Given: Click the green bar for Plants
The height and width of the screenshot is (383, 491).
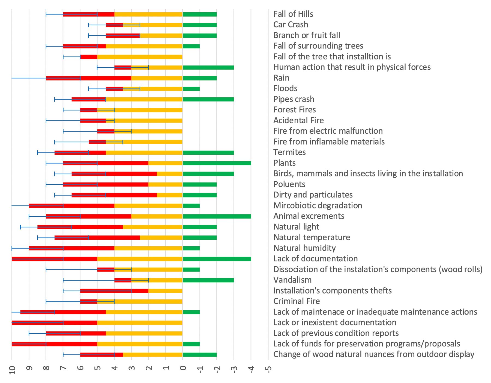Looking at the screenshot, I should pyautogui.click(x=217, y=163).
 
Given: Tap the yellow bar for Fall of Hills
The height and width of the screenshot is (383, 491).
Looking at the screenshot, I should pyautogui.click(x=148, y=14).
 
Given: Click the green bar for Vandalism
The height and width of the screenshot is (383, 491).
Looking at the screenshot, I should pyautogui.click(x=208, y=280).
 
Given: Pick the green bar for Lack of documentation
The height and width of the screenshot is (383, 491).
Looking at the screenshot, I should pyautogui.click(x=217, y=259).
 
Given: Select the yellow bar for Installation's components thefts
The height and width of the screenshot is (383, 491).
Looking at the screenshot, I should pyautogui.click(x=166, y=291).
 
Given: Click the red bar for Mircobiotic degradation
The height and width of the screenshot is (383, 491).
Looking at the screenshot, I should pyautogui.click(x=72, y=206).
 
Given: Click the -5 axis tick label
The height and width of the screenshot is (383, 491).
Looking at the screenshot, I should pyautogui.click(x=268, y=369).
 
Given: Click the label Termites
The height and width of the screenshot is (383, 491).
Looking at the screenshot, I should pyautogui.click(x=289, y=152).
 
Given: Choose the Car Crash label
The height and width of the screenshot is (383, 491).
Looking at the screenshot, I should pyautogui.click(x=291, y=25).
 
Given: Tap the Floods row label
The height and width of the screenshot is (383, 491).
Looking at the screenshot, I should pyautogui.click(x=285, y=88).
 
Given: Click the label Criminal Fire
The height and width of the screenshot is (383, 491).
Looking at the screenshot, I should pyautogui.click(x=297, y=301).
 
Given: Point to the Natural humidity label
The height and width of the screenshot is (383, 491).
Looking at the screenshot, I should pyautogui.click(x=304, y=248).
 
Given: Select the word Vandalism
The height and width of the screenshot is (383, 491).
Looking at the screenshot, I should pyautogui.click(x=292, y=280).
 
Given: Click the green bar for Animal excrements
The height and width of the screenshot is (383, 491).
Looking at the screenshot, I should pyautogui.click(x=217, y=216).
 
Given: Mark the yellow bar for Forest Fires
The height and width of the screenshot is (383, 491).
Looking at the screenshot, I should pyautogui.click(x=140, y=110).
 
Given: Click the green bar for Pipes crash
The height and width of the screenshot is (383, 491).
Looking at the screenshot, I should pyautogui.click(x=208, y=99).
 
